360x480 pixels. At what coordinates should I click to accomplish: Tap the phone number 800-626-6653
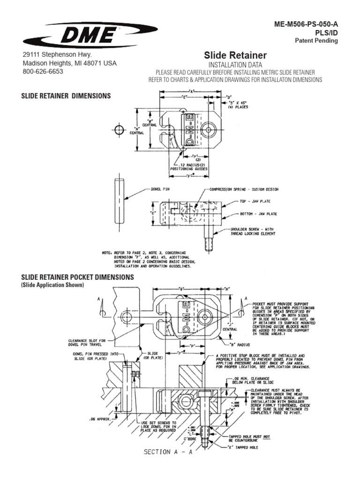(43, 72)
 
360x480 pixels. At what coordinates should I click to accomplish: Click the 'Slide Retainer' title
(236, 55)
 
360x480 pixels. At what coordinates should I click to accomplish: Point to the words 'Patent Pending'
(316, 41)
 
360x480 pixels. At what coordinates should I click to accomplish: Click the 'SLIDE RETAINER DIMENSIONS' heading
(66, 96)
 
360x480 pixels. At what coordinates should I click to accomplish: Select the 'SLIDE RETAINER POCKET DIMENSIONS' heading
(78, 277)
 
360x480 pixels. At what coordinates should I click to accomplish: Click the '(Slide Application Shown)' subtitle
(52, 285)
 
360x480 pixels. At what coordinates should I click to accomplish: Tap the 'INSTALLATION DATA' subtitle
(235, 64)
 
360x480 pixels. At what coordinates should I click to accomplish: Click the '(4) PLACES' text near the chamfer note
(238, 107)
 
